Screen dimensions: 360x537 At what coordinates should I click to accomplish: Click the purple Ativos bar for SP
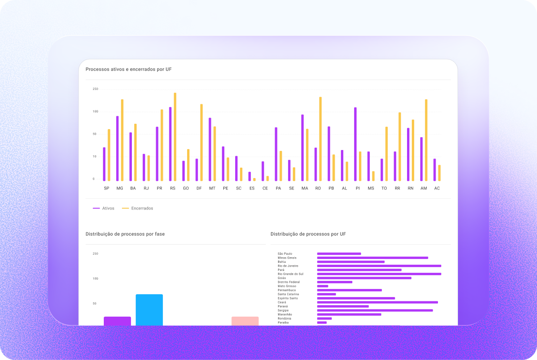point(104,164)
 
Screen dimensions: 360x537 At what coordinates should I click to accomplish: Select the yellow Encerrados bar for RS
point(175,137)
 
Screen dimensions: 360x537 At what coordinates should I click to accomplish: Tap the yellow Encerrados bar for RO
point(320,139)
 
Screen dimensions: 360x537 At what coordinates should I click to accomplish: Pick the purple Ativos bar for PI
point(355,144)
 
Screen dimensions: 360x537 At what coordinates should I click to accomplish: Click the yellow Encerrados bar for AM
point(426,140)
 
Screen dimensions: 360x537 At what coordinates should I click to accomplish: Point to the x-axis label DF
point(199,189)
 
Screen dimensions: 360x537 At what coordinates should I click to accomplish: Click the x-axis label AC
point(437,189)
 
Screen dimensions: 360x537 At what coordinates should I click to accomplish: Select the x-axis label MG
point(119,189)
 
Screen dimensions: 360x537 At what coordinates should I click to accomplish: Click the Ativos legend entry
point(104,208)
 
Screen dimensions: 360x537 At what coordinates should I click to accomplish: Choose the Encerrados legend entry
point(138,208)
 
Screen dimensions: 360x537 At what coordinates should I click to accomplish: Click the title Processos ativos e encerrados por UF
point(129,70)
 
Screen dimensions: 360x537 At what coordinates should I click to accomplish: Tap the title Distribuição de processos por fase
point(125,234)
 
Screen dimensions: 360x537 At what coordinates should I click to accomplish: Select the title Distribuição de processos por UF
point(308,234)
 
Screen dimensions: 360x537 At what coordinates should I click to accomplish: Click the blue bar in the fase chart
point(149,310)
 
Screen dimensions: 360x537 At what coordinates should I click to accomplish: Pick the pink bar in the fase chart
point(245,321)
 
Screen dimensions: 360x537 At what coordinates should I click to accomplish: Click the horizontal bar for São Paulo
point(339,254)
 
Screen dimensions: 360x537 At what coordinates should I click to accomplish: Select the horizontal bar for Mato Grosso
point(323,286)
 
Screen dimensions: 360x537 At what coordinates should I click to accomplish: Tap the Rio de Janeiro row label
point(288,266)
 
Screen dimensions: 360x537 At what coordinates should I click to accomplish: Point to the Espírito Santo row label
point(288,298)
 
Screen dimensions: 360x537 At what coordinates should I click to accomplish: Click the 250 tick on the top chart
point(95,89)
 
